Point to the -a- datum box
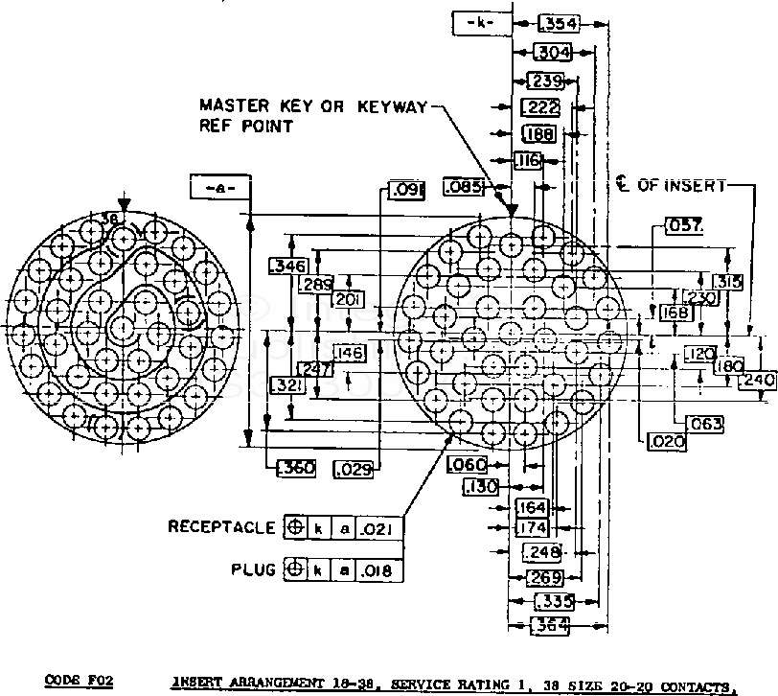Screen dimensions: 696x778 [x=219, y=189]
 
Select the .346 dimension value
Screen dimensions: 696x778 [x=287, y=266]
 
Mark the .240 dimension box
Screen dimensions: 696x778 [x=757, y=379]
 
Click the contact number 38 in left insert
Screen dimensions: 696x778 [x=111, y=220]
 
